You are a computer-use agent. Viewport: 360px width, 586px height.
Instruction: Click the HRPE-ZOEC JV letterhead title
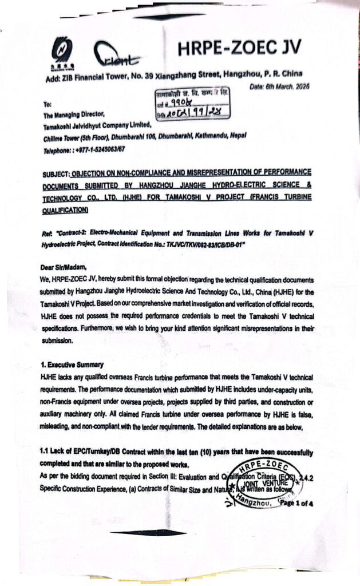click(x=239, y=48)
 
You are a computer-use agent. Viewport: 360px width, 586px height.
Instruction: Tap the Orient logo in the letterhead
click(x=120, y=55)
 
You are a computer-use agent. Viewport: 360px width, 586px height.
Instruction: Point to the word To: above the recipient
click(x=47, y=105)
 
